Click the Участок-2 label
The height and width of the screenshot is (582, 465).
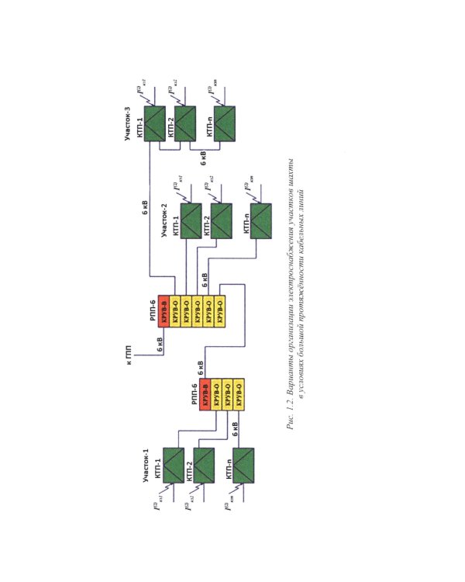pyautogui.click(x=165, y=220)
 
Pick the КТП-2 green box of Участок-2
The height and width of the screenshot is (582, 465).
pyautogui.click(x=221, y=221)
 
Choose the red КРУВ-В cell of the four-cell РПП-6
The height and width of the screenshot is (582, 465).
pyautogui.click(x=207, y=397)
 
